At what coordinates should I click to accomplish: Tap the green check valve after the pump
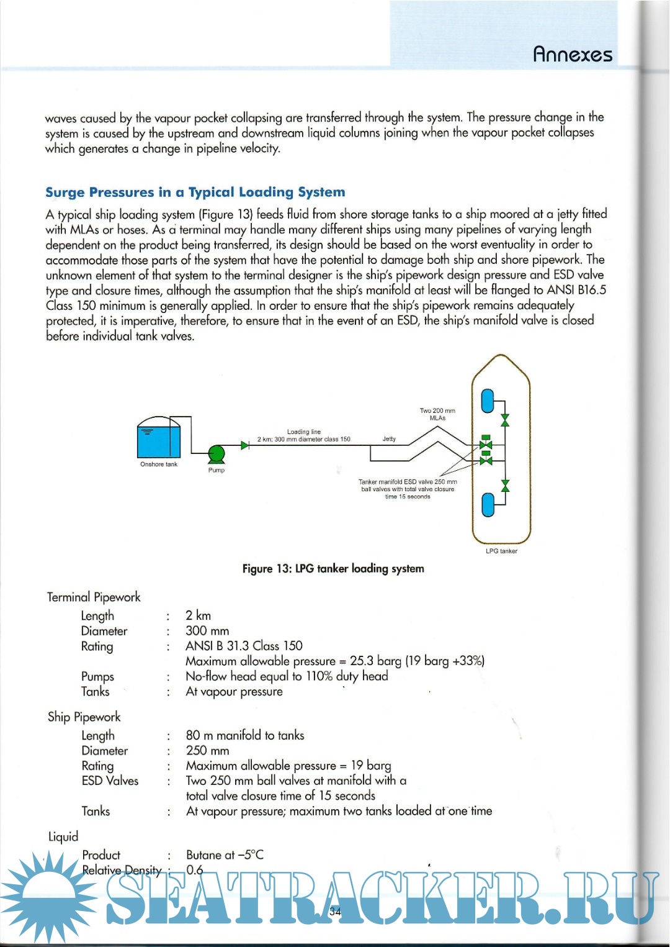(244, 445)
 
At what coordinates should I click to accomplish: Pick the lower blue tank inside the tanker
(488, 504)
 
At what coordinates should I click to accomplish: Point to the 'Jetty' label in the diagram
(389, 439)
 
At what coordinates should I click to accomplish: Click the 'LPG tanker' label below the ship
(501, 551)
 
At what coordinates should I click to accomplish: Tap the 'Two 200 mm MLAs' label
(437, 414)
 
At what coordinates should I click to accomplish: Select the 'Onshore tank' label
(159, 464)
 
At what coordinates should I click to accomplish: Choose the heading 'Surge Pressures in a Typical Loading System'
(195, 192)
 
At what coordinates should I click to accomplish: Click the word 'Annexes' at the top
(573, 55)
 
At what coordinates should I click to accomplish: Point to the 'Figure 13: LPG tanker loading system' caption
(333, 568)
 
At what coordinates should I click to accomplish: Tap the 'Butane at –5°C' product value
(225, 854)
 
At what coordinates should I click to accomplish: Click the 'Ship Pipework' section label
(84, 717)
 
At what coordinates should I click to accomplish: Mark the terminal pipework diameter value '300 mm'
(207, 631)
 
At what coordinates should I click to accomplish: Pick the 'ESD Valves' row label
(110, 781)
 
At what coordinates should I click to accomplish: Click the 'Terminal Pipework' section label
(94, 597)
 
